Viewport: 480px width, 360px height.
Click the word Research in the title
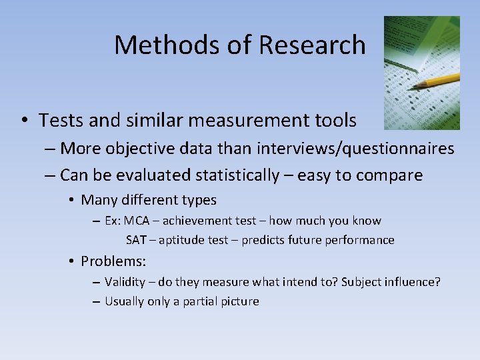312,45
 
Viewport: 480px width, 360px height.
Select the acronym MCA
137,221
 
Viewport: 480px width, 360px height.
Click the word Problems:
113,261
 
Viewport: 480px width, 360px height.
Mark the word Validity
125,282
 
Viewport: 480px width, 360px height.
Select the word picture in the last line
240,301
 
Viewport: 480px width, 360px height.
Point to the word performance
363,240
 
